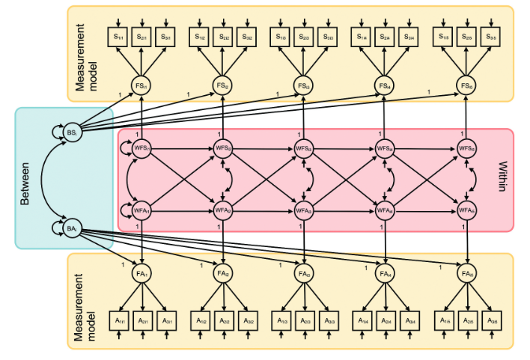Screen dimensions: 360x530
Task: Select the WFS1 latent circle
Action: [x=142, y=149]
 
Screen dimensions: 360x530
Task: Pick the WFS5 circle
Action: [x=467, y=149]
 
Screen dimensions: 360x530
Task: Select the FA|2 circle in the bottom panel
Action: [x=223, y=274]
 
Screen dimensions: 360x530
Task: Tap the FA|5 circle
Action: [x=467, y=274]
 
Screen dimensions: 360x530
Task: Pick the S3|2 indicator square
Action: [x=246, y=35]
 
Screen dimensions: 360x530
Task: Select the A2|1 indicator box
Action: [x=142, y=320]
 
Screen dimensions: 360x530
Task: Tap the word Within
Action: [x=500, y=178]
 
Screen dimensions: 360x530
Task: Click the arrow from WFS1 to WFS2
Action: [x=183, y=149]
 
